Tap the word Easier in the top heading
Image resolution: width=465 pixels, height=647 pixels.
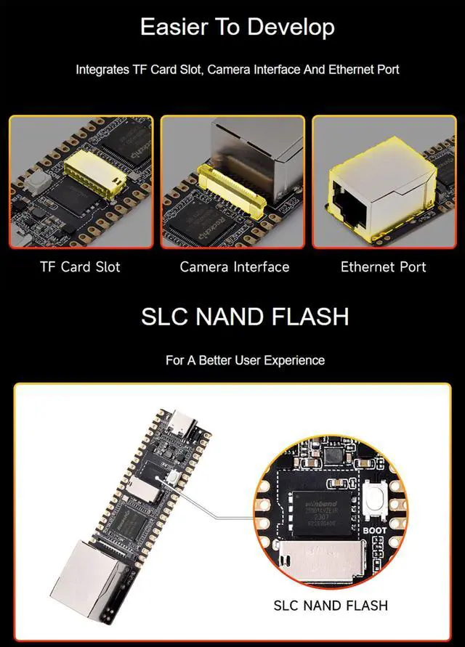pyautogui.click(x=170, y=28)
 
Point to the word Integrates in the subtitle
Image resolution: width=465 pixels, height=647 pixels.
pyautogui.click(x=102, y=70)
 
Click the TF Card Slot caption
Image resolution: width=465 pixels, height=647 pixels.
pyautogui.click(x=80, y=267)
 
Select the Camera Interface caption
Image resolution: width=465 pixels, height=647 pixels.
pyautogui.click(x=234, y=267)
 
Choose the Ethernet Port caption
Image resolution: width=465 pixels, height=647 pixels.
pyautogui.click(x=383, y=267)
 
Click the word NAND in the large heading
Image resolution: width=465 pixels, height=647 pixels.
pyautogui.click(x=229, y=317)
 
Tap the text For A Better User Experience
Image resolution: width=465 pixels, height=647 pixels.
pyautogui.click(x=245, y=360)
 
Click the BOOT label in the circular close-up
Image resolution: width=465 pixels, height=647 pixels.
pyautogui.click(x=374, y=531)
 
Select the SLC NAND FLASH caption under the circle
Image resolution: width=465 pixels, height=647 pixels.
pyautogui.click(x=330, y=605)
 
